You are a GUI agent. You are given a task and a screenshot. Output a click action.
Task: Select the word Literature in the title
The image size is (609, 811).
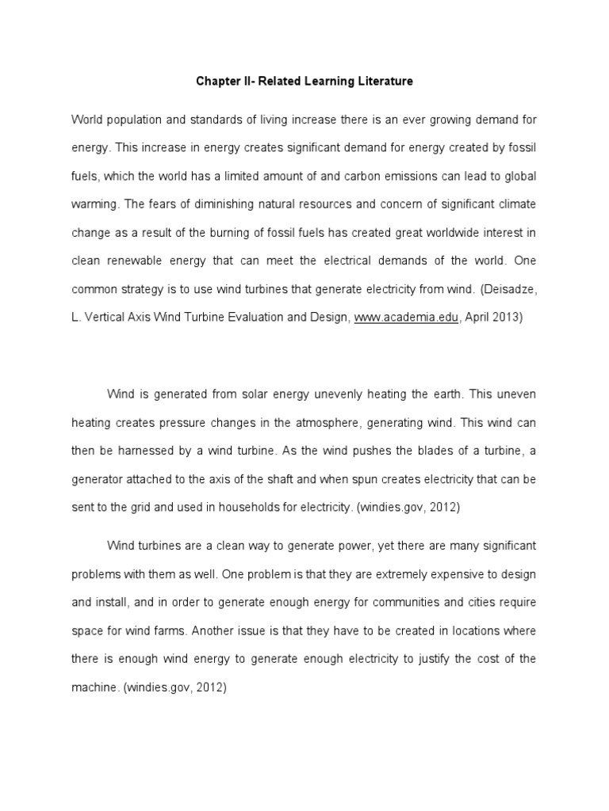(384, 82)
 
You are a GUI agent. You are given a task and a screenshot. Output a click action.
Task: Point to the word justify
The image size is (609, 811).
(446, 660)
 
